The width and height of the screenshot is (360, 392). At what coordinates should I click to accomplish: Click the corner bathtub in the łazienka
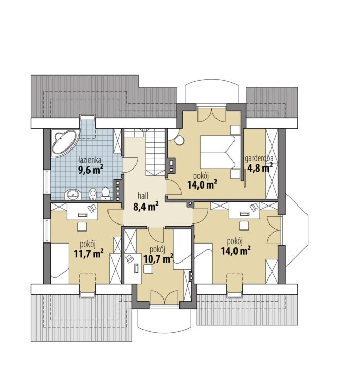[64, 143]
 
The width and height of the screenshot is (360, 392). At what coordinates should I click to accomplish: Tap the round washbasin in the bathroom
[74, 194]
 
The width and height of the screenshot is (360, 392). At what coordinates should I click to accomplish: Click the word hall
[143, 196]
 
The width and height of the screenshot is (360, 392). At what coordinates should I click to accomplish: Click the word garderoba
[259, 159]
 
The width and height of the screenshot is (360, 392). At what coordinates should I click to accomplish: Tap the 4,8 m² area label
[260, 168]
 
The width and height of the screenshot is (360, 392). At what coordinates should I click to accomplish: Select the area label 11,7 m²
[89, 254]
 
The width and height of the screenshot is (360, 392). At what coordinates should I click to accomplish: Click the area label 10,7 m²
[158, 259]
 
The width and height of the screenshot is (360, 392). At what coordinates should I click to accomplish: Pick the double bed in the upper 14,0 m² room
[218, 152]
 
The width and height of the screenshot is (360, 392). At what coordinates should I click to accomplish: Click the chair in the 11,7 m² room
[82, 227]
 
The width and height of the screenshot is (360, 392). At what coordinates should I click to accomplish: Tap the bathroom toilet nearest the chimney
[105, 194]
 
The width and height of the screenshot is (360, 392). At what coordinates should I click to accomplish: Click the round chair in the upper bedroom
[179, 140]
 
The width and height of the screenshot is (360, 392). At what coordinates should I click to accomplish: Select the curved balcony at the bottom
[165, 321]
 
